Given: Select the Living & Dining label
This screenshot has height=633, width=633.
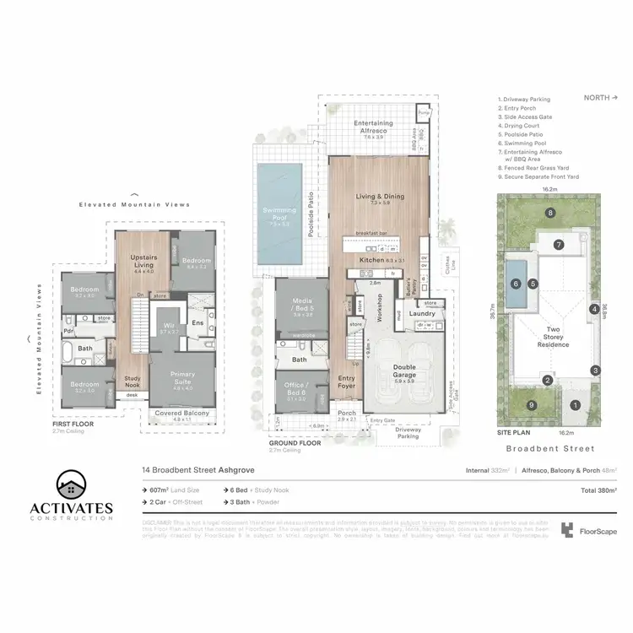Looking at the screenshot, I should click(380, 197).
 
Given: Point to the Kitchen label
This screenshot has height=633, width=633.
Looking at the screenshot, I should click(372, 261).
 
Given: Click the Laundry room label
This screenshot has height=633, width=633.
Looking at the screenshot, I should click(421, 314).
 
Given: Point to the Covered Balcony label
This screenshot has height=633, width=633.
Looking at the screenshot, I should click(183, 414).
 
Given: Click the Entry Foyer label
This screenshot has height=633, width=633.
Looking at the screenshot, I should click(347, 381).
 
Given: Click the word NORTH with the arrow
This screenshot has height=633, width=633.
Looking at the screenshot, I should click(600, 97).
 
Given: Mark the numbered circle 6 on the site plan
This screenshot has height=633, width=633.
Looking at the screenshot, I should click(515, 284).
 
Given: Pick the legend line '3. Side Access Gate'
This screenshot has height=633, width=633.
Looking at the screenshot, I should click(526, 116).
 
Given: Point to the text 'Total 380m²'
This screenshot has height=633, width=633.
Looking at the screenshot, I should click(596, 490).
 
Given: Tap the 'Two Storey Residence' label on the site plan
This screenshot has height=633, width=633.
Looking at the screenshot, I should click(554, 336).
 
